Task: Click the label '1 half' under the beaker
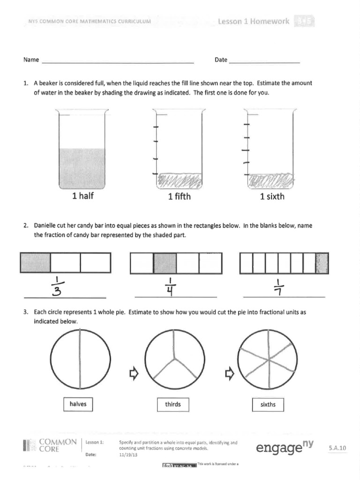coord(83,196)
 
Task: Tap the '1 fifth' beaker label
coord(179,197)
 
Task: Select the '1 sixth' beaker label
coord(272,197)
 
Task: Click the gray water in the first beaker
coord(82,167)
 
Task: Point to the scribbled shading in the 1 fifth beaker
coord(180,180)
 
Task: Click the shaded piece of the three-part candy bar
coord(35,262)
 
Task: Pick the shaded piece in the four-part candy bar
coord(165,263)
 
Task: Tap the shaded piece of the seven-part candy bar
coord(322,263)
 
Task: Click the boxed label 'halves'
coord(78,404)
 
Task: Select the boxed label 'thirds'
coord(172,404)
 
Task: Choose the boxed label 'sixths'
coord(268,404)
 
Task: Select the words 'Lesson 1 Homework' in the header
coord(254,22)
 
